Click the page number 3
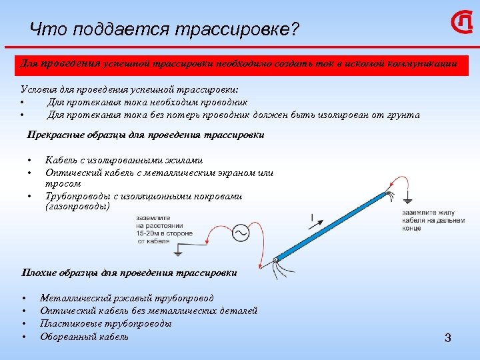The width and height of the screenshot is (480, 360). click(x=448, y=338)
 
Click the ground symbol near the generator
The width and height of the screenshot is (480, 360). click(x=178, y=253)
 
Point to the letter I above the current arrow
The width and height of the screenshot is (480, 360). click(x=312, y=217)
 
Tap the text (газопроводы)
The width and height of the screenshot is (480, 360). click(x=77, y=207)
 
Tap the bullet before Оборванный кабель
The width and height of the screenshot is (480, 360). click(x=23, y=337)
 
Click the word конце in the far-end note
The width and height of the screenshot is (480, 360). click(x=412, y=228)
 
